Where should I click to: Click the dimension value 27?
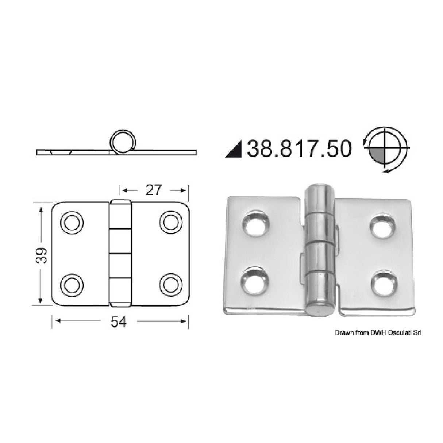[x=153, y=190]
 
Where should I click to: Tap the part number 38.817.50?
[x=299, y=149]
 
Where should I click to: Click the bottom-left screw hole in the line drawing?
[x=72, y=284]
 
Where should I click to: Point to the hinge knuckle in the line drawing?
[x=121, y=252]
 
